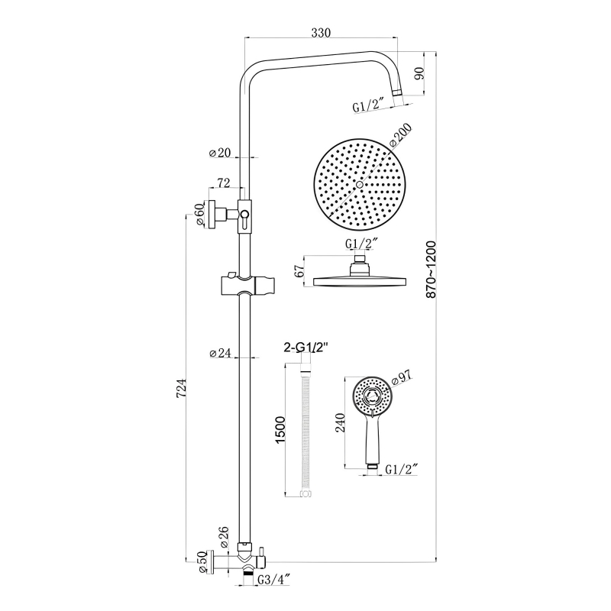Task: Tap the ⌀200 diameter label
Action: [401, 137]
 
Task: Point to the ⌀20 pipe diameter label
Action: [220, 153]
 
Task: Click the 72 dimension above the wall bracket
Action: [225, 183]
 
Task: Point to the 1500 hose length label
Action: [280, 432]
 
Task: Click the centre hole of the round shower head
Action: [358, 185]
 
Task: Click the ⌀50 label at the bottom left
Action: [200, 564]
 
